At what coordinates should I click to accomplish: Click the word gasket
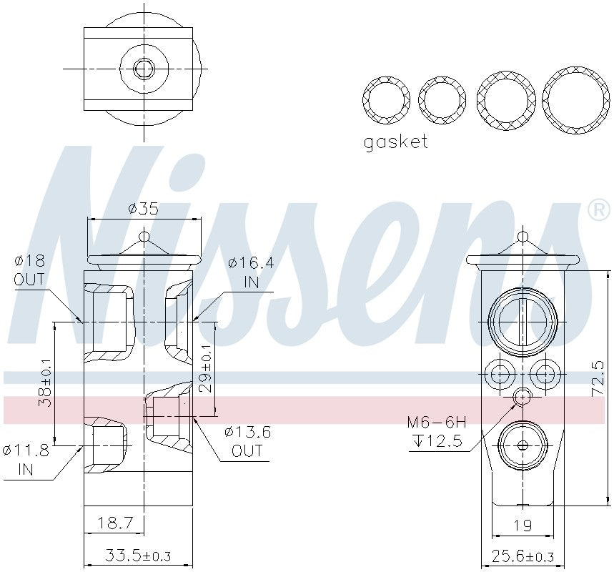point(395,142)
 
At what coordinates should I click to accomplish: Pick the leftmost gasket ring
point(386,99)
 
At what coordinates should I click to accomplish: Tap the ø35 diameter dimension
point(142,209)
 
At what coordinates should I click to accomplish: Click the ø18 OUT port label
point(29,270)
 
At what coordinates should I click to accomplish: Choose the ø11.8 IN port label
point(25,459)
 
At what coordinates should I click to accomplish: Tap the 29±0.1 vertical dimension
point(206,368)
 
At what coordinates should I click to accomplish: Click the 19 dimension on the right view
point(523,526)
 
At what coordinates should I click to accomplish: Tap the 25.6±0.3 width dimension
point(523,556)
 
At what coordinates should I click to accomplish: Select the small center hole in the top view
point(144,69)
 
